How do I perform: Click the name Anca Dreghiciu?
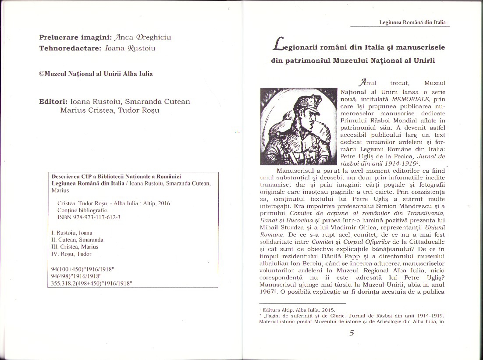(143, 38)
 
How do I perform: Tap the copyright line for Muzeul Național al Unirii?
(96, 74)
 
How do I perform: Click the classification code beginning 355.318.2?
(92, 283)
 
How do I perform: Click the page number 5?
(351, 333)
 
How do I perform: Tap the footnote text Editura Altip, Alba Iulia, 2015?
(298, 310)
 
